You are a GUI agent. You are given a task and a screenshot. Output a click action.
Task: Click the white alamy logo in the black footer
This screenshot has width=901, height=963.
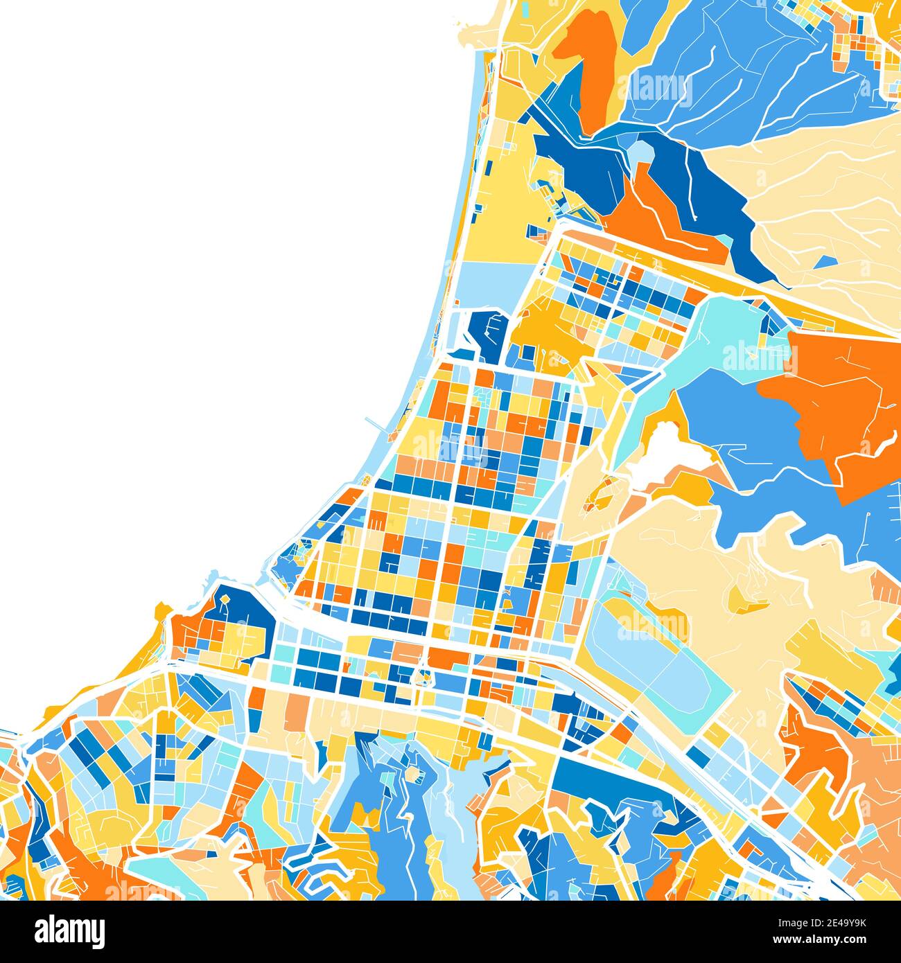pos(69,930)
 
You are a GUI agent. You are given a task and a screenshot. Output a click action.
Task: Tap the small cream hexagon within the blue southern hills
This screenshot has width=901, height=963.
pos(414,772)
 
